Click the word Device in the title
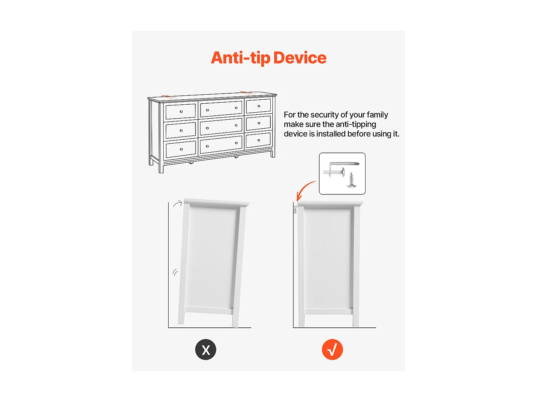pos(300,58)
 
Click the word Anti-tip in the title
pos(241,58)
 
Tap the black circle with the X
pos(205,349)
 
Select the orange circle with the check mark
pos(332,349)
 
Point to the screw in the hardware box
pos(351,180)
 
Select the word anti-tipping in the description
pos(356,124)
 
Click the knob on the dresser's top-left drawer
pos(181,111)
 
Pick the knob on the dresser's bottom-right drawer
pos(258,140)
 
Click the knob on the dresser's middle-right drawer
pos(259,123)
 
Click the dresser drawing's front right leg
pos(273,154)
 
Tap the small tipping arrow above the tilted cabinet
pos(178,203)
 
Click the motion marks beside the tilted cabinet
pos(175,272)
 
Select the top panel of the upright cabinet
pos(330,203)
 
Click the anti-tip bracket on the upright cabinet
pos(296,210)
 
